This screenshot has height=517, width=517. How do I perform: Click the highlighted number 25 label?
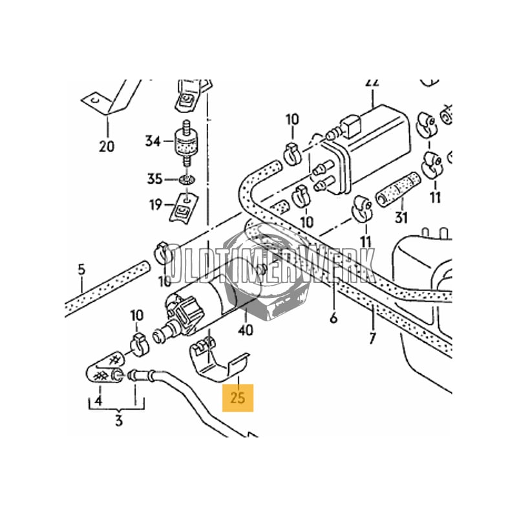pos(238,396)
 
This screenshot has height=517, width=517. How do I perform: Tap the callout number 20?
pos(107,145)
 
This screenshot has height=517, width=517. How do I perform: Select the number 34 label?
pos(152,141)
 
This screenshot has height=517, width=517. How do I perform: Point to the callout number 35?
pos(153,178)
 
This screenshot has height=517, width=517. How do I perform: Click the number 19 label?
pos(155,206)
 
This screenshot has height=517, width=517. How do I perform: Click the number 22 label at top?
pos(372,83)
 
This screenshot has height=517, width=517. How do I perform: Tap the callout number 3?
pos(119,422)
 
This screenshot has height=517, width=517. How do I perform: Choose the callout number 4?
pos(98,401)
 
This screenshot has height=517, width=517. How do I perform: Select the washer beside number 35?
pos(187,178)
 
